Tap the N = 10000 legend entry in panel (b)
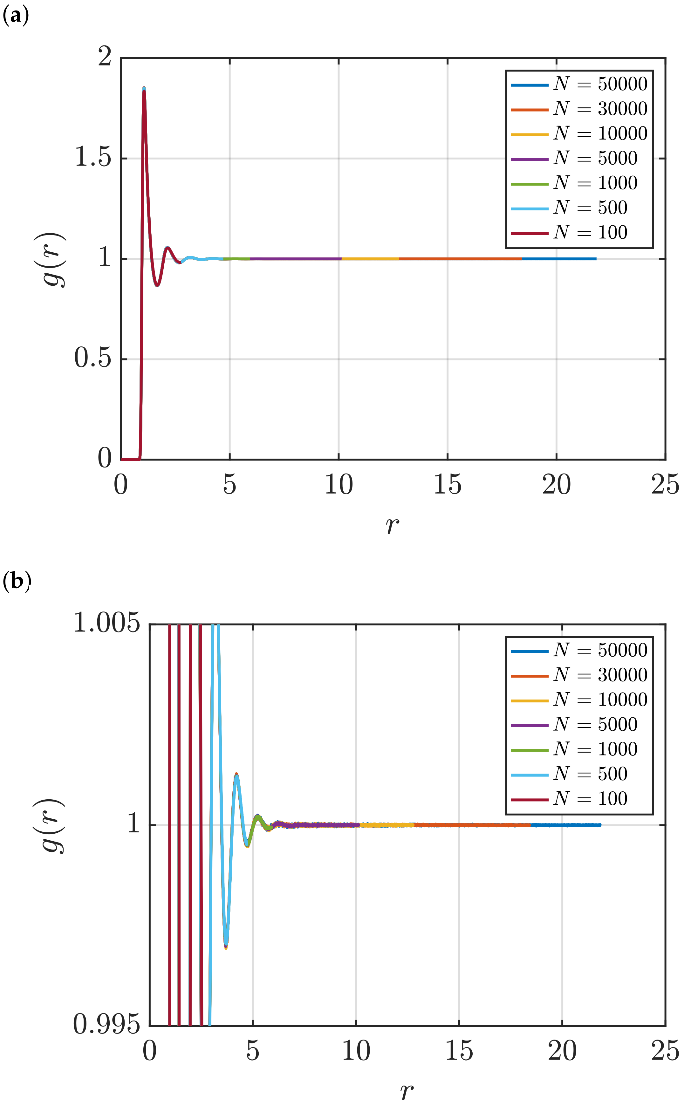point(579,700)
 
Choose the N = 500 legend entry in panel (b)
point(570,774)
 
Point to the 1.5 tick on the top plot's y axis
point(93,158)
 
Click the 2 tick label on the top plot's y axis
point(105,58)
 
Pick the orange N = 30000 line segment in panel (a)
point(460,259)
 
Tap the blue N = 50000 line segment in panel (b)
point(565,825)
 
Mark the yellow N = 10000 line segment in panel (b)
point(387,825)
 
